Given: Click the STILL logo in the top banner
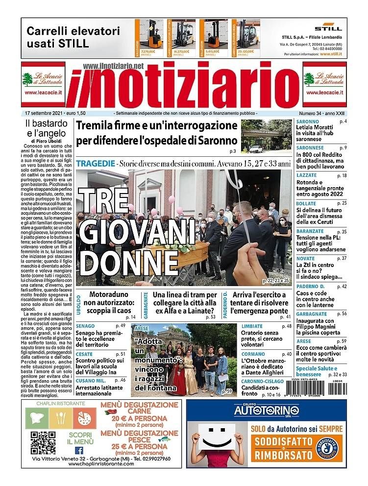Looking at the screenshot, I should pyautogui.click(x=325, y=27).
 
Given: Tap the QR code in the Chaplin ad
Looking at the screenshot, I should pyautogui.click(x=43, y=442).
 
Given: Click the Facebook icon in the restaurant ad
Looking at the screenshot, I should pyautogui.click(x=79, y=450).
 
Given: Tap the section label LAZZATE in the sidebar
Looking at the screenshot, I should pyautogui.click(x=307, y=175).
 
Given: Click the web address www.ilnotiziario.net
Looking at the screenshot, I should pyautogui.click(x=113, y=66).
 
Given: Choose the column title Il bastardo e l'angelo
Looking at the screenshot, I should pyautogui.click(x=46, y=127).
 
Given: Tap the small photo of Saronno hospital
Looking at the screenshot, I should pyautogui.click(x=266, y=137).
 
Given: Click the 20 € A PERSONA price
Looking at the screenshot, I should pyautogui.click(x=139, y=419).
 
